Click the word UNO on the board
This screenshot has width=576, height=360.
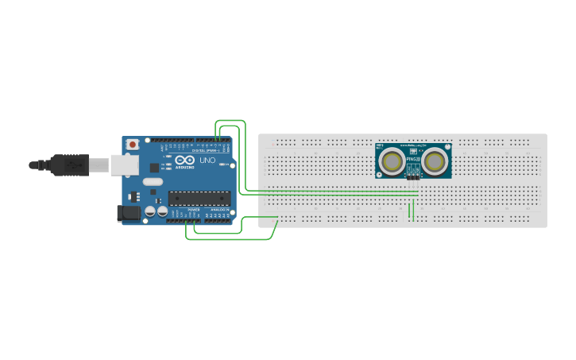click(207, 161)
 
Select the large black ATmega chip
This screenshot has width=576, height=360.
click(199, 198)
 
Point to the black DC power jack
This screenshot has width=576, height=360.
click(128, 213)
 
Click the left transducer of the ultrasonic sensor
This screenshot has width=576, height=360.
click(392, 162)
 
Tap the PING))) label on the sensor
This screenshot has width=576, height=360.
click(413, 159)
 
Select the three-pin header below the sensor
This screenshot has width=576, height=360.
click(413, 177)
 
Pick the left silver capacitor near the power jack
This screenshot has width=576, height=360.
click(150, 213)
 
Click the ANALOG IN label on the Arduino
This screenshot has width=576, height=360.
click(219, 209)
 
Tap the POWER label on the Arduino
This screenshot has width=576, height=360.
click(193, 209)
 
